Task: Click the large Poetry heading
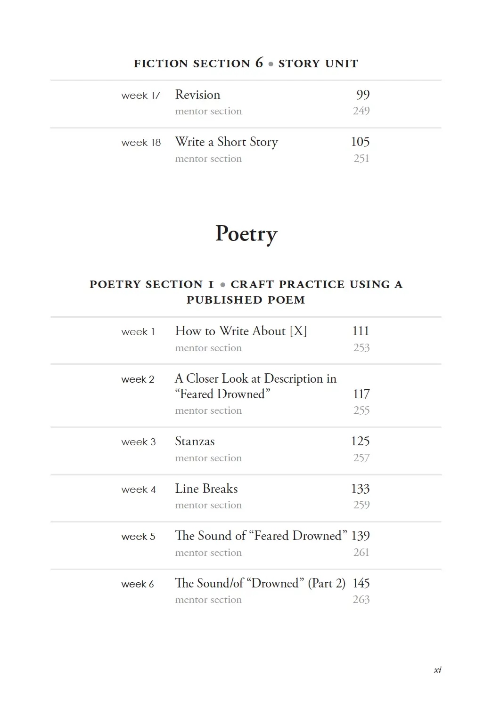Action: pos(246,234)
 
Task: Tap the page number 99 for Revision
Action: pos(363,95)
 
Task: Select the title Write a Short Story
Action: pos(226,142)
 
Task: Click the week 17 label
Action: pos(140,96)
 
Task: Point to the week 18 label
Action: pos(141,143)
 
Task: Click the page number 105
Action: pos(360,142)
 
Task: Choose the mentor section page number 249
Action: pos(361,111)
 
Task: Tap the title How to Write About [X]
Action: pos(241,331)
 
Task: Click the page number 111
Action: pos(361,331)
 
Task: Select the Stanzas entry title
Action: pos(195,442)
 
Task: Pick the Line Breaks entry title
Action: pos(206,489)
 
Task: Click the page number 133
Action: pos(360,489)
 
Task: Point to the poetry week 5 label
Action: pos(138,537)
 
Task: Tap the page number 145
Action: pos(361,583)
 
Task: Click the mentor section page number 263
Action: pos(361,600)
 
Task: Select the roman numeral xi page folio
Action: pos(437,670)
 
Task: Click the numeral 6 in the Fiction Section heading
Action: pos(259,63)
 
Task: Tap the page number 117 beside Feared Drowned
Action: pos(361,394)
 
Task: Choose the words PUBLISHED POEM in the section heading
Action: pos(246,300)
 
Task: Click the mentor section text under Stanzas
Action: pos(208,458)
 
